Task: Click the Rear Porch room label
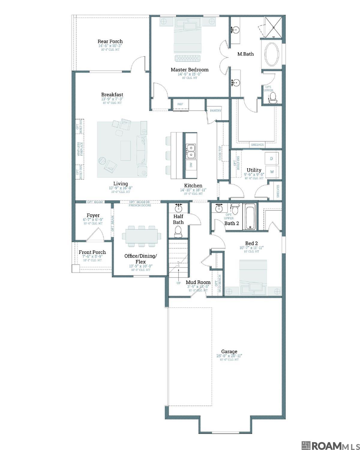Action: [110, 41]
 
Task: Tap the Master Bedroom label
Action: [189, 70]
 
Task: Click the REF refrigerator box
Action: [180, 104]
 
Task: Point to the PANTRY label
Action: [215, 111]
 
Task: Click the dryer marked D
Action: [271, 158]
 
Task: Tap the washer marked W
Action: [272, 172]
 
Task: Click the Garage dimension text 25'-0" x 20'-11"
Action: [229, 356]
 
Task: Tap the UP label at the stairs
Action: [178, 283]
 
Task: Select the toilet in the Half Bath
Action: [178, 231]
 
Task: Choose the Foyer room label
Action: [93, 215]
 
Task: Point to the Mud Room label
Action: [198, 282]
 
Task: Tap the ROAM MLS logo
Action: [329, 443]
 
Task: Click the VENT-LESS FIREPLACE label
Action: [79, 149]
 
